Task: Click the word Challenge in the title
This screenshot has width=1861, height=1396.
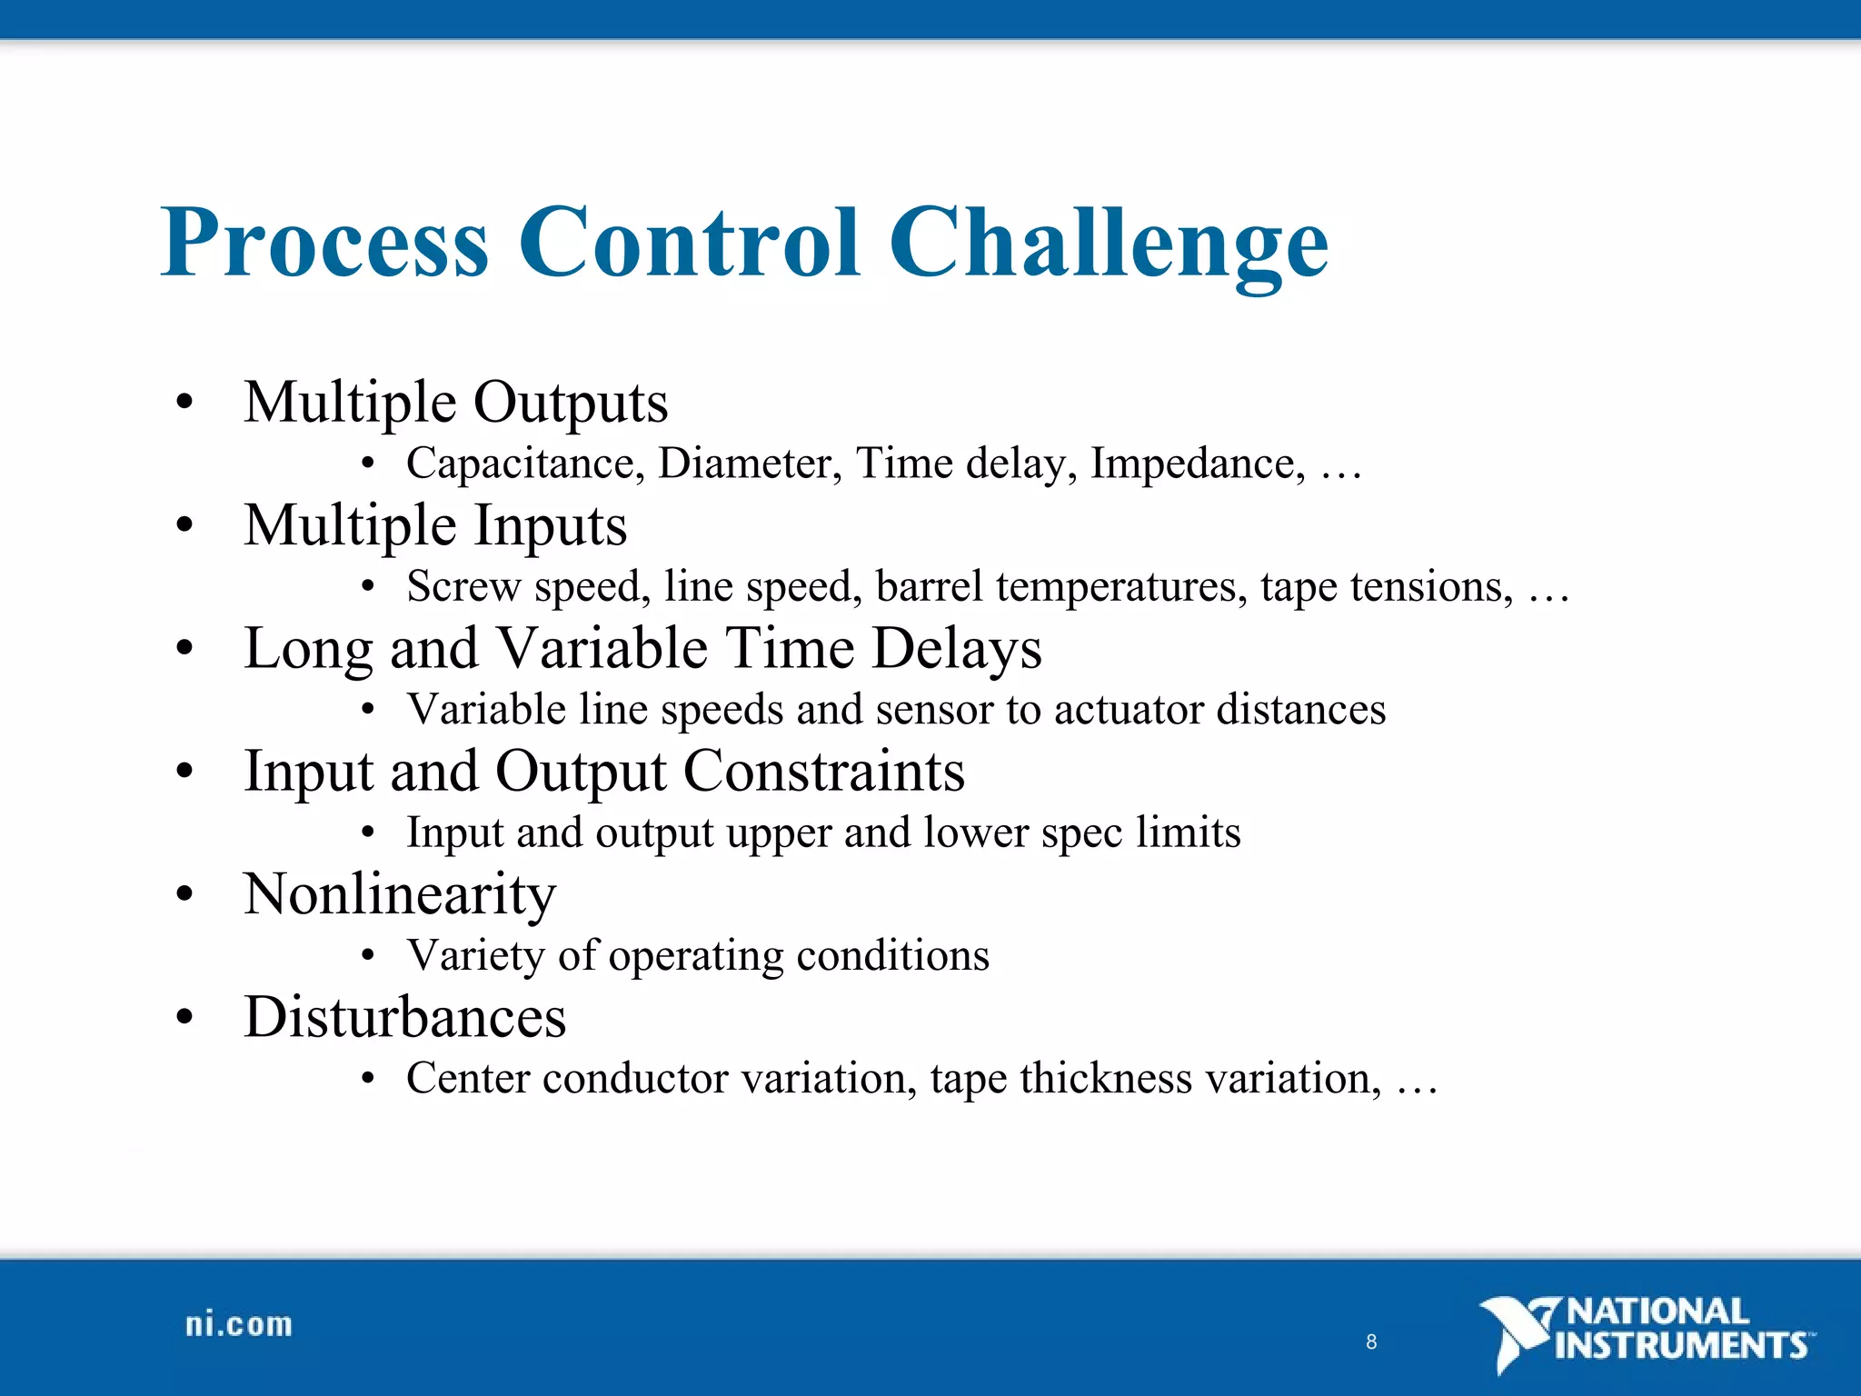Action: [1108, 244]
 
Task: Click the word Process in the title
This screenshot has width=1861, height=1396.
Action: [325, 244]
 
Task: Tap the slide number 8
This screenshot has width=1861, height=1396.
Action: [1371, 1341]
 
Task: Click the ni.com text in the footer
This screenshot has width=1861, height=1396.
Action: [239, 1324]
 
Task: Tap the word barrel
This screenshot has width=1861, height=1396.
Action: [929, 586]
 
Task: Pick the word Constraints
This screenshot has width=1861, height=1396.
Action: [823, 772]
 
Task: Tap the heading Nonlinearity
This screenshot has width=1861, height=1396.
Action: [400, 894]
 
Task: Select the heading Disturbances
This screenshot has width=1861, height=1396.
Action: [405, 1017]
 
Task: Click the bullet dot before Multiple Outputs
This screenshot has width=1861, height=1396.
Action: [185, 402]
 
